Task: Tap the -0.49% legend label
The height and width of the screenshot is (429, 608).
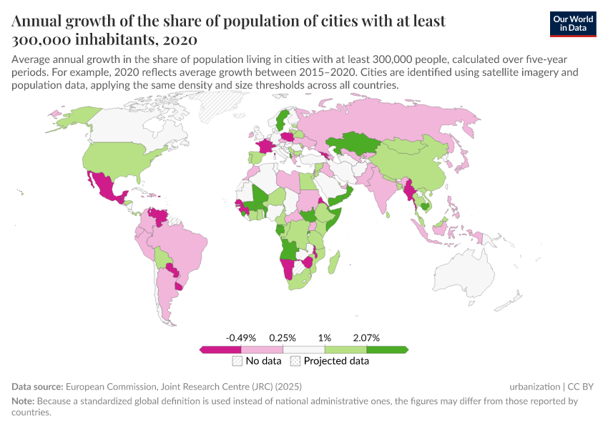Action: [x=240, y=337]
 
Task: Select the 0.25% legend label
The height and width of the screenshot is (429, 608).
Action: [x=283, y=337]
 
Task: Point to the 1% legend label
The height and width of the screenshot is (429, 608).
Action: [x=324, y=337]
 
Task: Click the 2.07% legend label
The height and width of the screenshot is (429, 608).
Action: [x=366, y=337]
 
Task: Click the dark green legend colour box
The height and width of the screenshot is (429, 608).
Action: [x=387, y=350]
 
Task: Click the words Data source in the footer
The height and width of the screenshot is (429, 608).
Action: [x=37, y=386]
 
